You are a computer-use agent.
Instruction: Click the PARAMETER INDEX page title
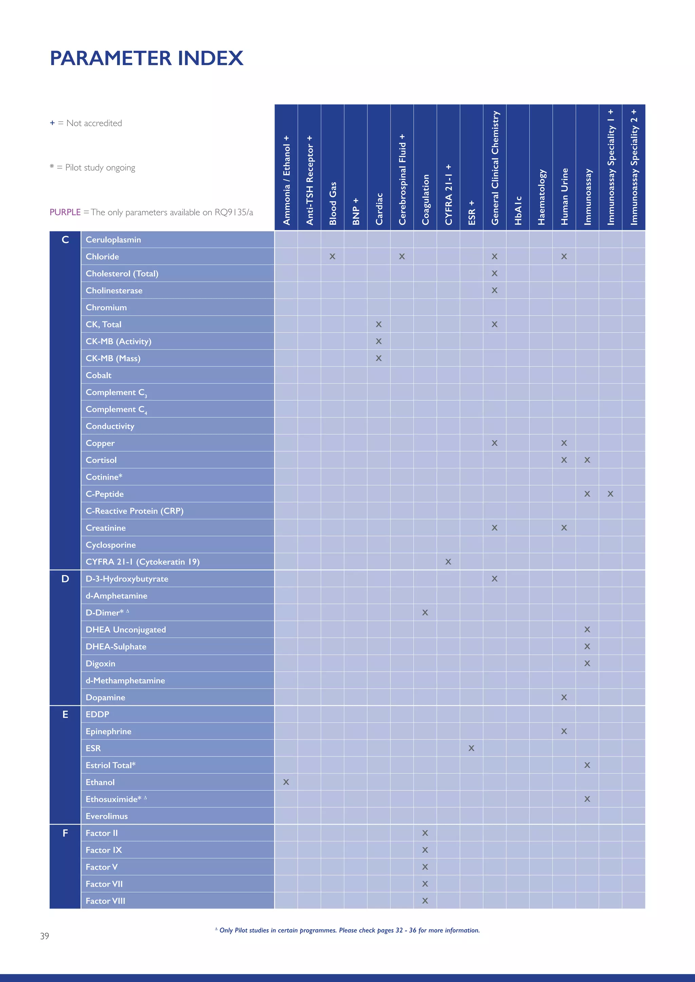coord(146,58)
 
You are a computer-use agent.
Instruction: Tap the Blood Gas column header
coord(333,203)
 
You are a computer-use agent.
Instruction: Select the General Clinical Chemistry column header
coord(495,168)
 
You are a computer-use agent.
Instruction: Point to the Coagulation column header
coord(425,199)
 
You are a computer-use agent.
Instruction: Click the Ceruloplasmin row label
coord(113,239)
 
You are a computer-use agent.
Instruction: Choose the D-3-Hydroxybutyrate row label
coord(127,579)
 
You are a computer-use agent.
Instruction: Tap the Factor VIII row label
coord(105,901)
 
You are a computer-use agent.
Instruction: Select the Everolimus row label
coord(107,816)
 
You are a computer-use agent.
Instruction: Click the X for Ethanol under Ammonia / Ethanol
coord(286,782)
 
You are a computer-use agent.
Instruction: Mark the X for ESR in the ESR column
coord(471,748)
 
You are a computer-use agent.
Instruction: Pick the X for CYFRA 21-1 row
coord(448,562)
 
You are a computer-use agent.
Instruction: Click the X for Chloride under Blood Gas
coord(332,257)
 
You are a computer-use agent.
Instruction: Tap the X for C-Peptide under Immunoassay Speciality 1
coord(610,494)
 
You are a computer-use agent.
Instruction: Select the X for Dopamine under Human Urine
coord(564,697)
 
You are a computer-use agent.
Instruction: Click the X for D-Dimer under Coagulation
coord(425,612)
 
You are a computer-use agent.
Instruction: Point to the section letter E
coord(65,714)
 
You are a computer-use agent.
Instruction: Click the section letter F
coord(65,833)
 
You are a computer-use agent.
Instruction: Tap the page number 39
coord(44,936)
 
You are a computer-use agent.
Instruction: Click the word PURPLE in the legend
coord(65,212)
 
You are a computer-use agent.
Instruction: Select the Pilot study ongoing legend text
coord(100,168)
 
